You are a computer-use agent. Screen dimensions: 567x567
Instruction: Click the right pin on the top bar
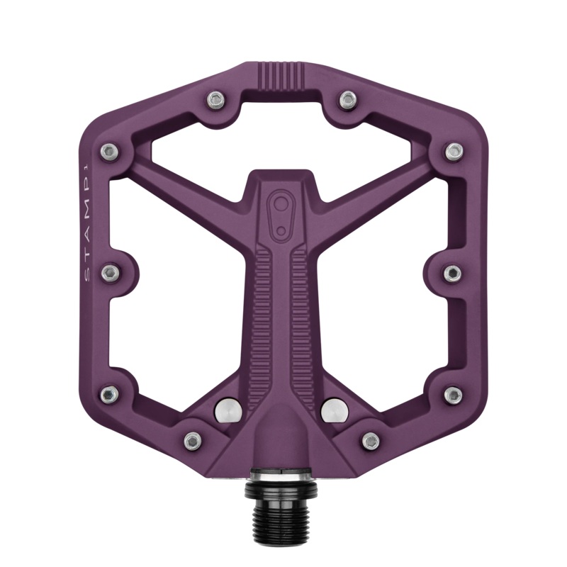(347, 99)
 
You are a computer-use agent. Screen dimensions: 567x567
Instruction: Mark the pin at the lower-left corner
(108, 393)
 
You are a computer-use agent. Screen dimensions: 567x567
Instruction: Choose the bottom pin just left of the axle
(191, 441)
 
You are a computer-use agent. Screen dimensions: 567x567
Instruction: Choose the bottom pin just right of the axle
(369, 441)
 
